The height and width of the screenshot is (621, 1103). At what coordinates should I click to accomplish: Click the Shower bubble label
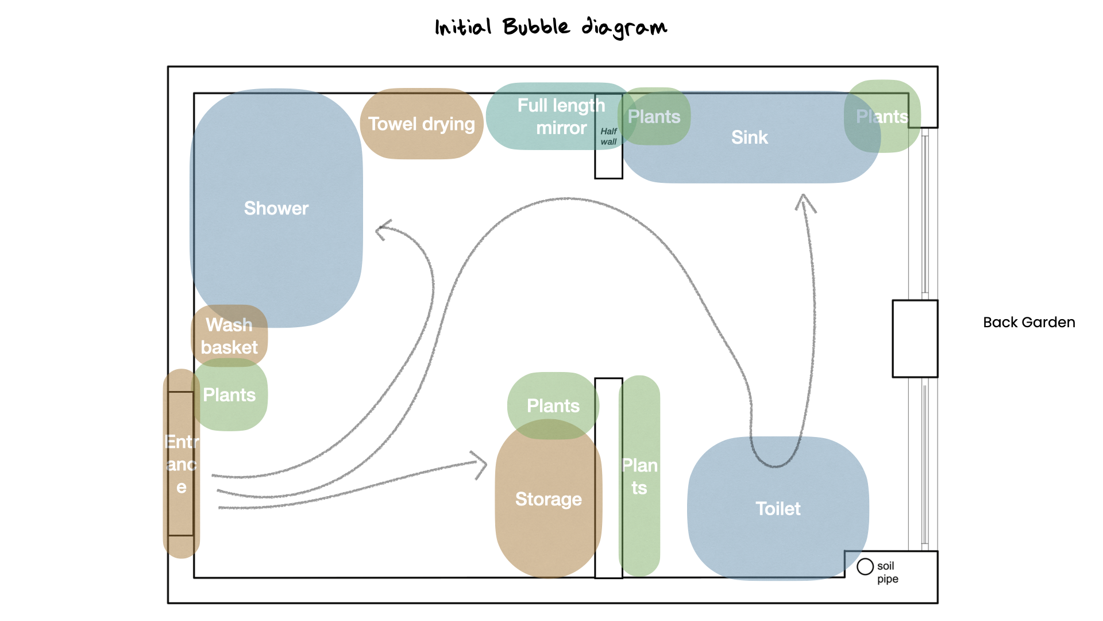(x=276, y=208)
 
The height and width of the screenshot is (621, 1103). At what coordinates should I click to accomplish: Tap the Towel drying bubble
(x=422, y=124)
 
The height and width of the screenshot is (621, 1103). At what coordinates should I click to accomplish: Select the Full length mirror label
(x=561, y=116)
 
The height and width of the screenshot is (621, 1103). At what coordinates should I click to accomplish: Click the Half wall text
(x=608, y=136)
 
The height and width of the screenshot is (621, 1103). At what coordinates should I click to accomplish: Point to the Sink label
(x=749, y=137)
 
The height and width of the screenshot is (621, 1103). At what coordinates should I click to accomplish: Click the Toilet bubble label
(x=778, y=509)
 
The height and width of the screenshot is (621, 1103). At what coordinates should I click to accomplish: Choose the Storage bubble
(x=548, y=499)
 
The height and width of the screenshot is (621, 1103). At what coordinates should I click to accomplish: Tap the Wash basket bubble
(x=229, y=336)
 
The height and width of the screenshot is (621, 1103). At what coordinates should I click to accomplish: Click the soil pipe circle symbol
(x=865, y=567)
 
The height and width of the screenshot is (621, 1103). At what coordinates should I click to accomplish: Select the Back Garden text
(x=1029, y=323)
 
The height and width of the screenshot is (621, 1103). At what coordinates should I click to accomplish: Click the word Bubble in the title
(x=536, y=26)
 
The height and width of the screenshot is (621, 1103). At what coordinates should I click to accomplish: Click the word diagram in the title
(x=624, y=28)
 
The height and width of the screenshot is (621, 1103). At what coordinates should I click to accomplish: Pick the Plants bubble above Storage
(x=553, y=405)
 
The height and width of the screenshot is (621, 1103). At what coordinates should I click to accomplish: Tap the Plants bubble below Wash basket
(x=230, y=395)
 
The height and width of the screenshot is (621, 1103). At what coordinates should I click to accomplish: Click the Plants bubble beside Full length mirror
(x=654, y=117)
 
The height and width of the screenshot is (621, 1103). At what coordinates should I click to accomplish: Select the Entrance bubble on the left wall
(x=182, y=463)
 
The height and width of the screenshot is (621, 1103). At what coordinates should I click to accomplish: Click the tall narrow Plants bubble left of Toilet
(x=639, y=476)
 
